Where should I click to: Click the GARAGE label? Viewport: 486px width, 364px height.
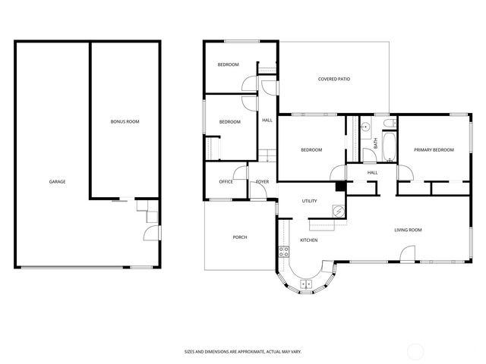point(57,182)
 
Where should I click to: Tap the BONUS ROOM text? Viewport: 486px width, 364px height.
point(125,121)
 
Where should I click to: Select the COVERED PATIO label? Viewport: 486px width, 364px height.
point(334,79)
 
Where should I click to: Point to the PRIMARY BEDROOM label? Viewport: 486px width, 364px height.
point(434,150)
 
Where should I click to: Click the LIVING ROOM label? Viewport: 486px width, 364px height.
point(408,230)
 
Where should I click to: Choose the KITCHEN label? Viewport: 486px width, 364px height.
point(308,240)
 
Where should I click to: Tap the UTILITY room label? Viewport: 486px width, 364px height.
point(309,201)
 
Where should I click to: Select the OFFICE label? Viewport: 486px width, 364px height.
point(226,182)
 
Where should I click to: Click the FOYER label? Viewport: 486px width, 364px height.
point(262,182)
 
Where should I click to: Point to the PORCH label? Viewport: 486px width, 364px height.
point(239,237)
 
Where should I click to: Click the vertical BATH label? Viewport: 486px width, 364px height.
point(375,143)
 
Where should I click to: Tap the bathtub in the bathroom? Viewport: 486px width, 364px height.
point(389,148)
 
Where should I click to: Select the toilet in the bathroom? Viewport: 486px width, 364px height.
point(388,124)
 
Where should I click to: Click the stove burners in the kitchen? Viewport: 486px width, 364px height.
point(283,252)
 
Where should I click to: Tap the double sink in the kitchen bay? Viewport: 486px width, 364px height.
point(307,285)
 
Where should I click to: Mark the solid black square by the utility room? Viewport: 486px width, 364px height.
point(341,187)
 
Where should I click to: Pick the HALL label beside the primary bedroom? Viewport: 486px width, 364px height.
point(372,173)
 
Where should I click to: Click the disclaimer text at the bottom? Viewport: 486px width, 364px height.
point(242,351)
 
